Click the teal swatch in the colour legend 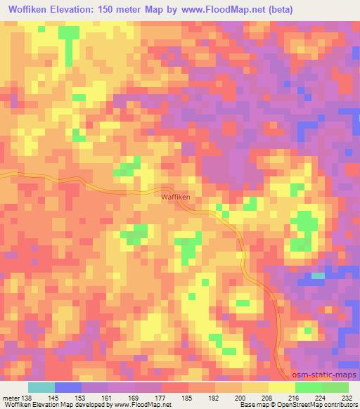pyautogui.click(x=41, y=387)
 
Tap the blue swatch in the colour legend pyautogui.click(x=67, y=387)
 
